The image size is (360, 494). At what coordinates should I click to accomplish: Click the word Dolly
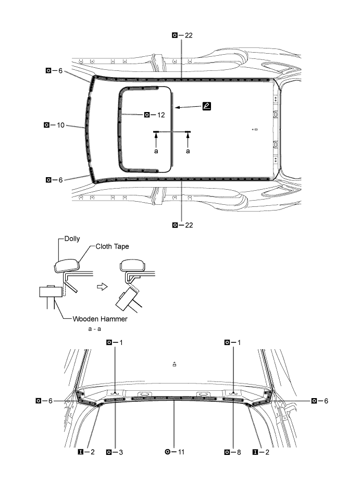[x=72, y=239]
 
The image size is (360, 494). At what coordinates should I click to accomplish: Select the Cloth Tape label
[x=112, y=246]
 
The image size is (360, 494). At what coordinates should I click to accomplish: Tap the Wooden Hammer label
[x=100, y=319]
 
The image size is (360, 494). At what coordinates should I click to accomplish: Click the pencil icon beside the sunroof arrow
[x=207, y=106]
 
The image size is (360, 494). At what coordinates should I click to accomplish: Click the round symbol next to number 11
[x=168, y=452]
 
